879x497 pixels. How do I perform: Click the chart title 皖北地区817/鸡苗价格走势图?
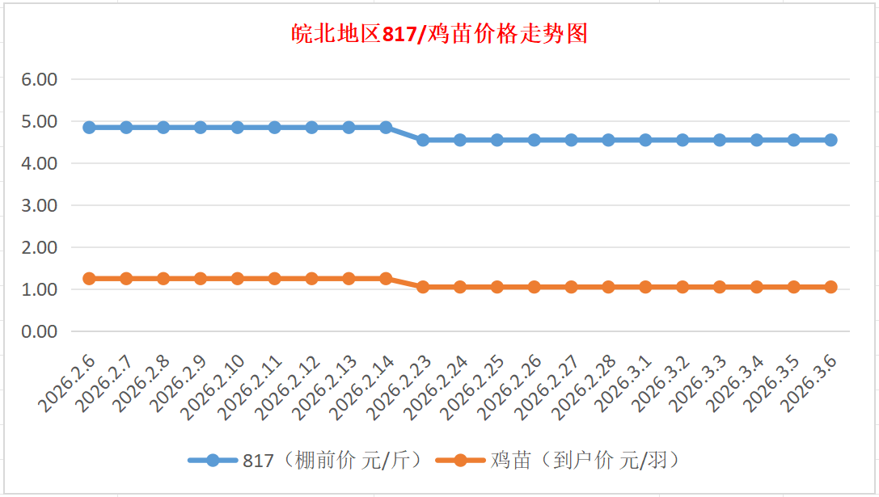point(439,34)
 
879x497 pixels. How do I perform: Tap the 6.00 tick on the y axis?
point(40,79)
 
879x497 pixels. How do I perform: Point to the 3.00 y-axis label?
point(40,205)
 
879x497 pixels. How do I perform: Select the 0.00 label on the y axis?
point(40,331)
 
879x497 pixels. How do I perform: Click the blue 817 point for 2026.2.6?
point(89,128)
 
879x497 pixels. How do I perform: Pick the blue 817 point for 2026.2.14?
point(386,128)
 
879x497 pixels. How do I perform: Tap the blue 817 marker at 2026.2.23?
point(423,140)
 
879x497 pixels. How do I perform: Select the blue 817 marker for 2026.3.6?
point(830,140)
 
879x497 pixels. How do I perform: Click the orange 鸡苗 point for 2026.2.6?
point(89,279)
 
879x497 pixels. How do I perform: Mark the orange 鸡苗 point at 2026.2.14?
point(386,279)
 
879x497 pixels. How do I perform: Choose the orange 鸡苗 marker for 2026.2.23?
point(423,287)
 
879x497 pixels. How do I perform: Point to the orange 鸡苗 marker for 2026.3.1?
point(645,287)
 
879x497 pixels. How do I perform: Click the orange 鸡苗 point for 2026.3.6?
point(830,287)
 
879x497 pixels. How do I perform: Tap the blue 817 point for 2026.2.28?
point(608,140)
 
